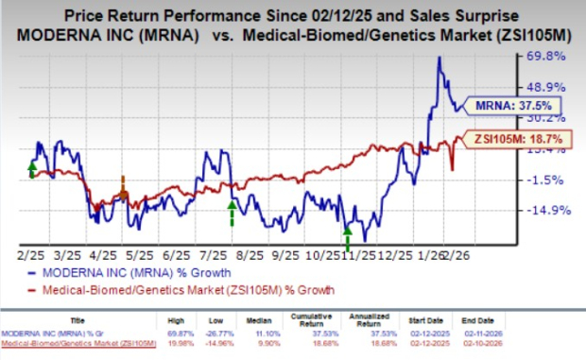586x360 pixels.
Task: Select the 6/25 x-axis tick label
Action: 178,254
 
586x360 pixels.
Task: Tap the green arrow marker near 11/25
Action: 347,235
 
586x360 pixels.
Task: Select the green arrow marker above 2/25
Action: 32,169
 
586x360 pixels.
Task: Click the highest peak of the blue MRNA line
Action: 439,58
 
